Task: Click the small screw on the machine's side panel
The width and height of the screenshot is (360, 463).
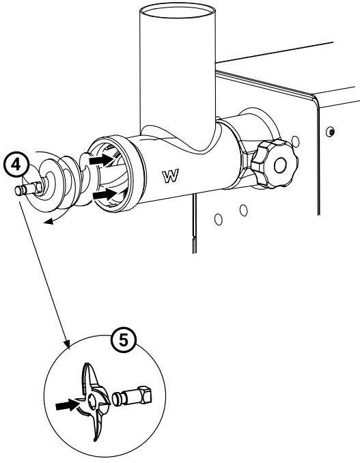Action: click(x=331, y=130)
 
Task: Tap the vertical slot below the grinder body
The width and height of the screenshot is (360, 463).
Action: click(x=193, y=225)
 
